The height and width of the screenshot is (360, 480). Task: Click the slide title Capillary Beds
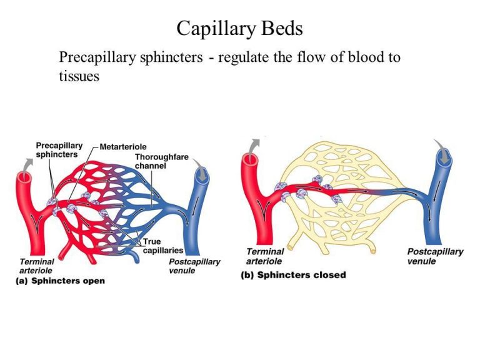coord(240,28)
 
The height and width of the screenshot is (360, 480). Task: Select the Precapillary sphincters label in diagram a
coord(56,149)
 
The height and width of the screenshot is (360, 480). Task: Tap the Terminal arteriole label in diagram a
coord(35,266)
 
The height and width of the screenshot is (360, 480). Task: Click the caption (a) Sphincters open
coord(60,281)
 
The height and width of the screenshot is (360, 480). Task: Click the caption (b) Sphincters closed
coord(293,275)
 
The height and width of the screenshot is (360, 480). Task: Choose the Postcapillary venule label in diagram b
coord(435,256)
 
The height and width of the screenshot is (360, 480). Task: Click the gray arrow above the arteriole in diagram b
coord(252,147)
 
